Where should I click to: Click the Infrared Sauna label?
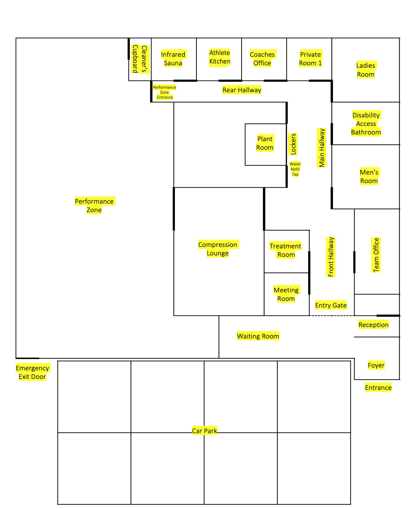pos(173,59)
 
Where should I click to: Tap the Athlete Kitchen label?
pos(220,57)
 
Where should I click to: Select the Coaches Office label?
pos(262,59)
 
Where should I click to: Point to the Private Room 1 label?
pos(310,59)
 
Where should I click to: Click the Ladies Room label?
pos(366,70)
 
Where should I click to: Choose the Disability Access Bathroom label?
pos(366,124)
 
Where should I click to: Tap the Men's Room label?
pos(369,177)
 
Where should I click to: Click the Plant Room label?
pos(265,143)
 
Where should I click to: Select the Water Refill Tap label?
pos(295,169)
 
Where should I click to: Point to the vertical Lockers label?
pos(293,144)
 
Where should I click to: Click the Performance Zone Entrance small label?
pos(165,92)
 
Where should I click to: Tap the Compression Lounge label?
pos(218,249)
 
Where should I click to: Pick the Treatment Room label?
pos(286,250)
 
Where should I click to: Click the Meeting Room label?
pos(286,294)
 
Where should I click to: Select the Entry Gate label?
pos(331,305)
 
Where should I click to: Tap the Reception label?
pos(373,325)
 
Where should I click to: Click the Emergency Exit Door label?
pos(32,372)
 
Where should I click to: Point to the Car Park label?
pos(204,431)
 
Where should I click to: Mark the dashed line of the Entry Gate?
pos(332,315)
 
